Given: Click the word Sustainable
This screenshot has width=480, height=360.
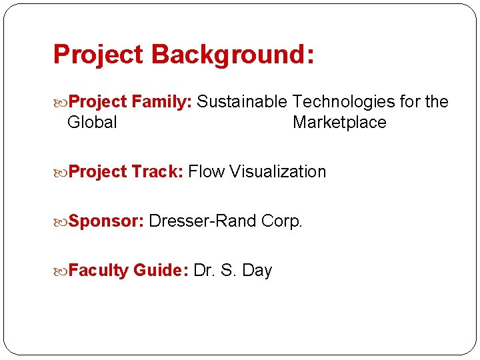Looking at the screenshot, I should click(243, 101).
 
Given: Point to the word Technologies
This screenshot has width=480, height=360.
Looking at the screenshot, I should click(344, 101).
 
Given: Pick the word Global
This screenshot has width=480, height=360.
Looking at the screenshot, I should click(92, 123).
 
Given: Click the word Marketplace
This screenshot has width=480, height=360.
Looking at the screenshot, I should click(339, 123).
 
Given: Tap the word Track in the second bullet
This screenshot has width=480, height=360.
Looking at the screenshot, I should click(157, 171).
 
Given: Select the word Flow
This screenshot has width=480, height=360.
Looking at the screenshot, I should click(207, 171).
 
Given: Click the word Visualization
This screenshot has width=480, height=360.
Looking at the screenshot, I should click(278, 171).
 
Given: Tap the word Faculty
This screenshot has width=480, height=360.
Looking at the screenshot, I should click(98, 270).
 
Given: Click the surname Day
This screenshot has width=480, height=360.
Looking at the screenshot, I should click(257, 270).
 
